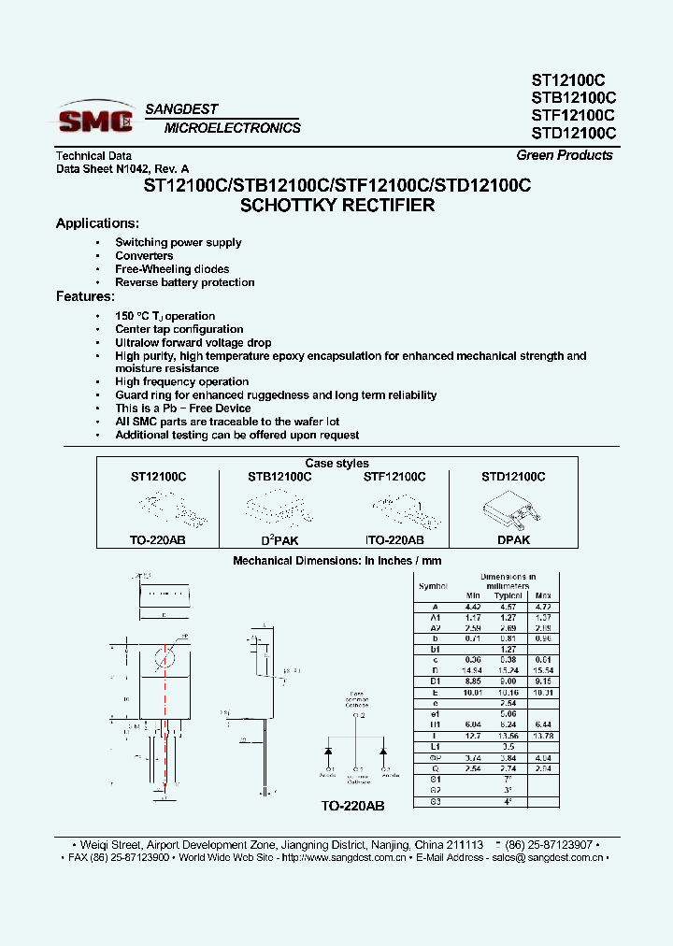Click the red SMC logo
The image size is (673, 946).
(x=95, y=120)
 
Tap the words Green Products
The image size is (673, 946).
(x=565, y=155)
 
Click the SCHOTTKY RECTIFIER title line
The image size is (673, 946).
(x=337, y=206)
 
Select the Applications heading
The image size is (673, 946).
(x=97, y=223)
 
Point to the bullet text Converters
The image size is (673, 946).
(x=144, y=255)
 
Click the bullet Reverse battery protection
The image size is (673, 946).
(x=184, y=282)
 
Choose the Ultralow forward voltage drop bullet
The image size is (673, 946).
(x=193, y=343)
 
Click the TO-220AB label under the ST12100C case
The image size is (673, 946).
(x=158, y=540)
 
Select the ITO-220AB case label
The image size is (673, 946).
(x=394, y=540)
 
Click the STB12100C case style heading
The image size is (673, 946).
(x=279, y=477)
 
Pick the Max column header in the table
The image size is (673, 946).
(x=544, y=595)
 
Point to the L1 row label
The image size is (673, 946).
(x=435, y=747)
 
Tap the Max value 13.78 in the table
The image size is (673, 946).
(x=544, y=736)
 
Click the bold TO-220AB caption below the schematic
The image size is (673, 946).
(x=352, y=805)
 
